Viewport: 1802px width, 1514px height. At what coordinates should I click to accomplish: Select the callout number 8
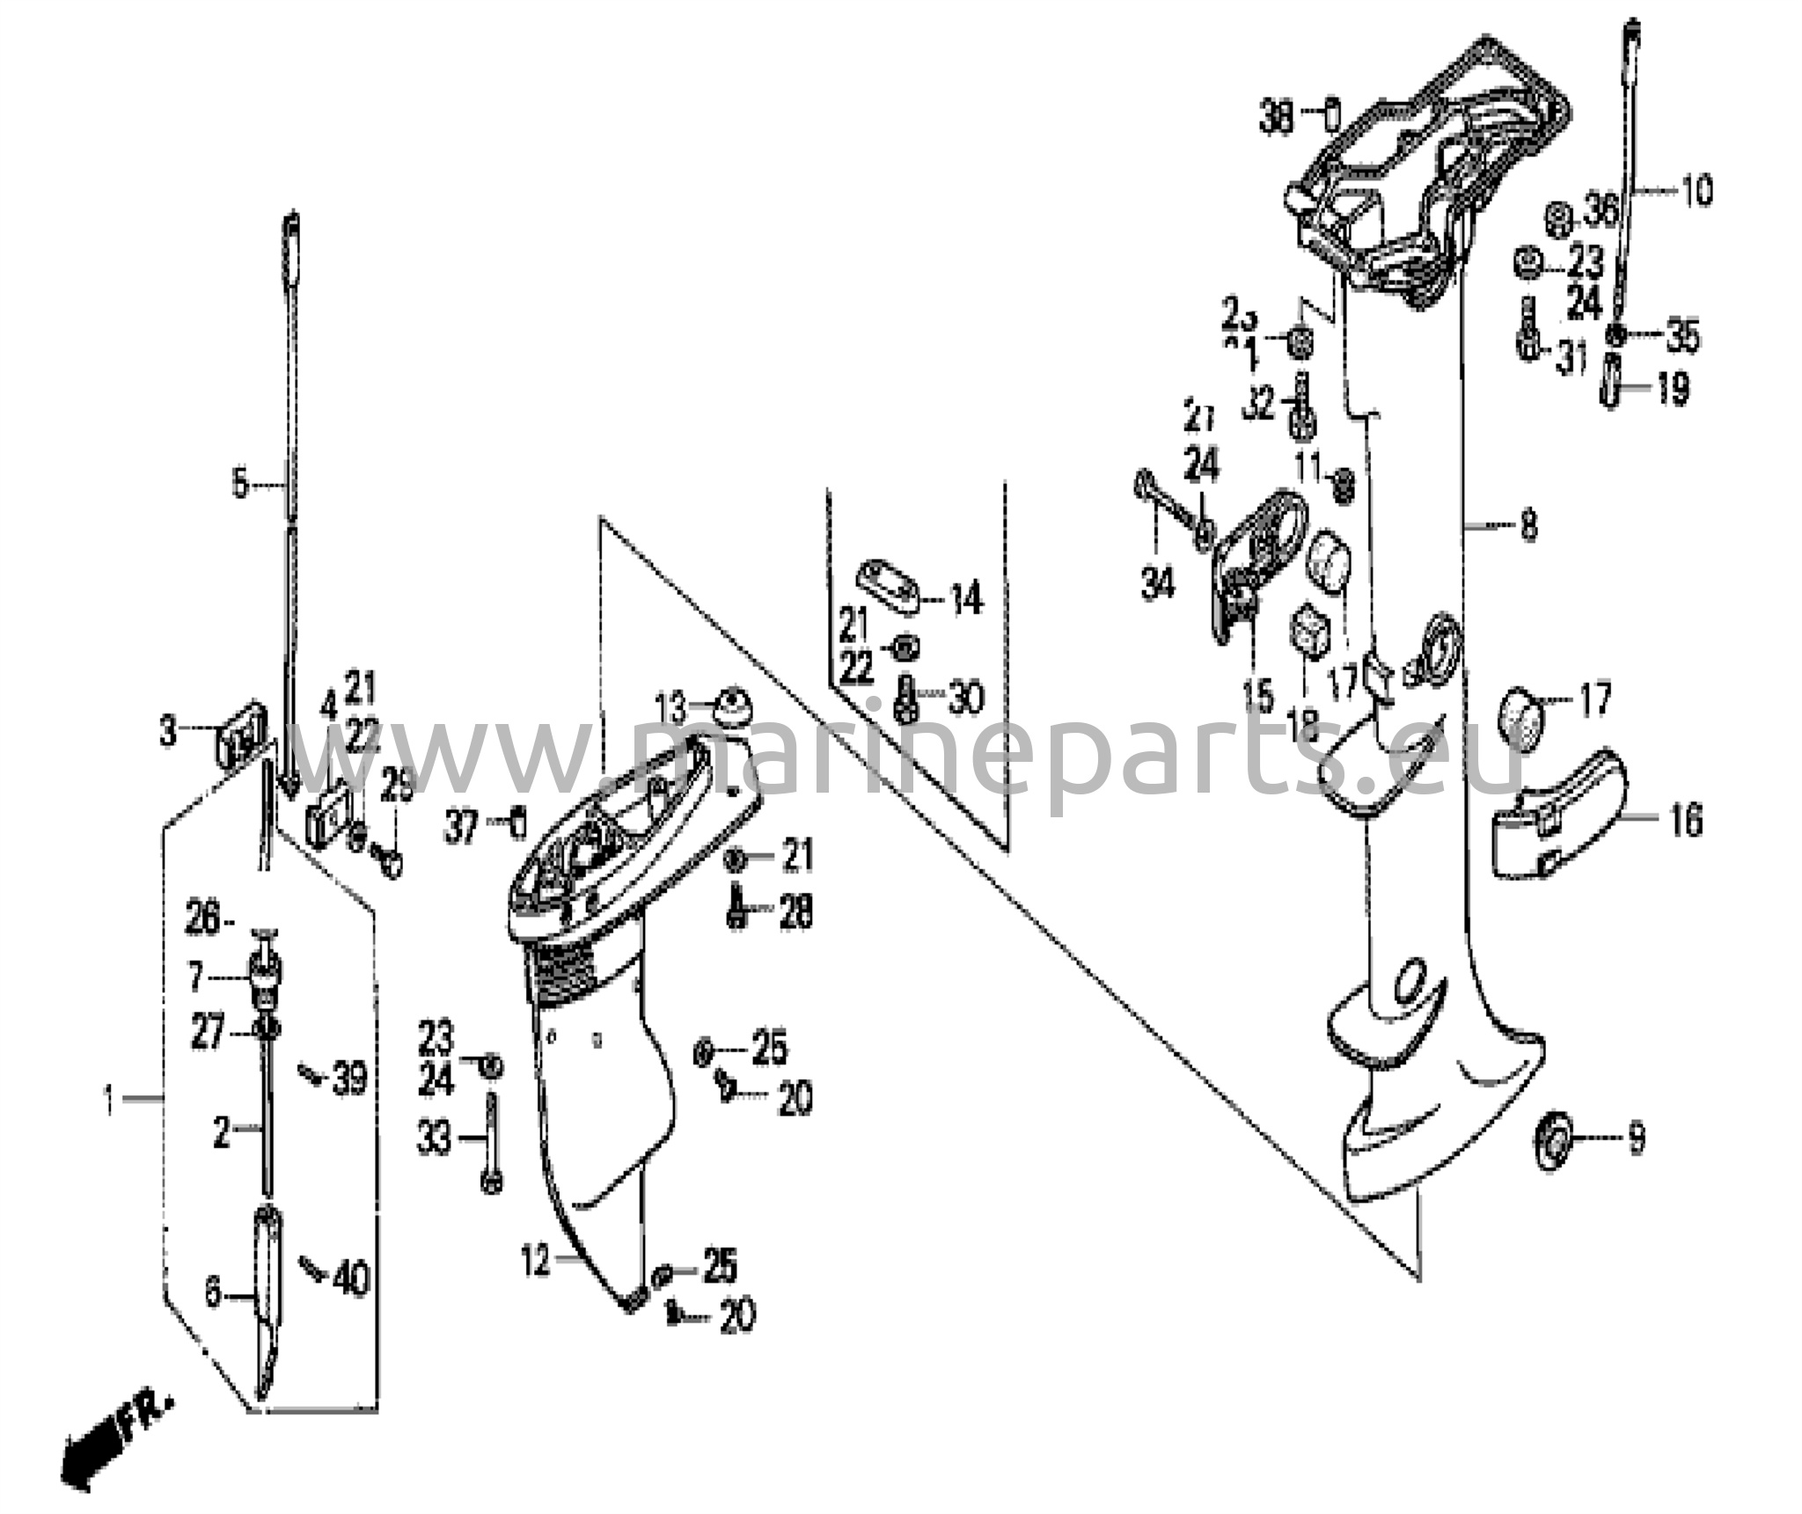click(x=1529, y=527)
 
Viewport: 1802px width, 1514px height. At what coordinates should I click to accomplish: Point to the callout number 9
click(x=1635, y=1140)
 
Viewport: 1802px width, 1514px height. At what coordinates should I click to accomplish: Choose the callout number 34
click(x=1158, y=582)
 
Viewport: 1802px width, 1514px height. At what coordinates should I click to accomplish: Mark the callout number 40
click(x=350, y=1278)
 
